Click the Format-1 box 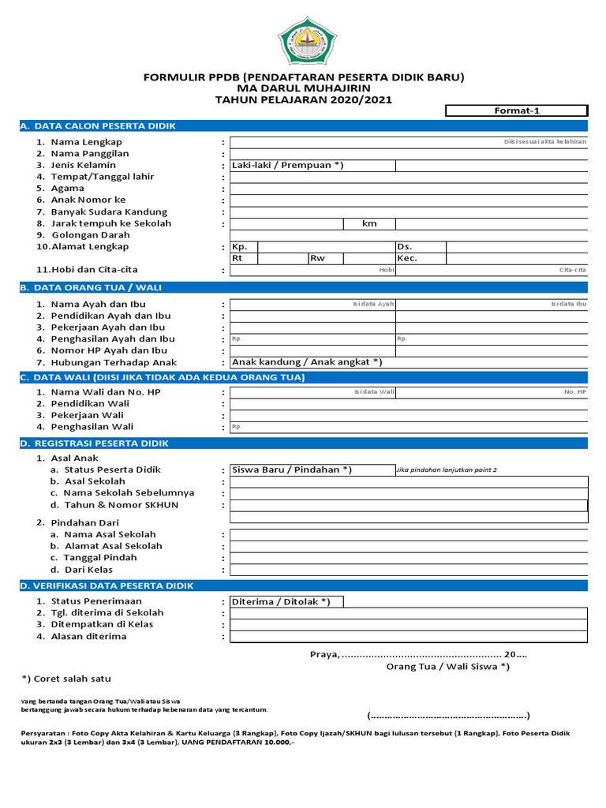(516, 111)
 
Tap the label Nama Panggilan (90, 154)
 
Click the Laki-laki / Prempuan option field (287, 166)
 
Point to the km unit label (369, 224)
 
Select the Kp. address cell (240, 247)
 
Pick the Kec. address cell (407, 259)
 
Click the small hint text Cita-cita (573, 270)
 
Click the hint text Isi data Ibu (568, 304)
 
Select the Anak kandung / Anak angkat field (307, 362)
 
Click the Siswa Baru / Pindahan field (292, 470)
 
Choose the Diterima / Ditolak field (281, 602)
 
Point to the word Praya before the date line (324, 654)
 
